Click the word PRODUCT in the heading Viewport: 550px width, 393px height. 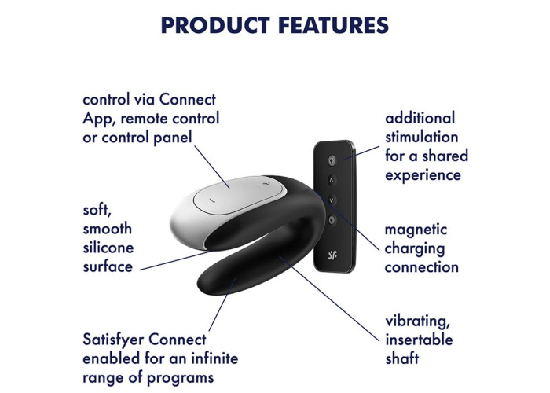215,25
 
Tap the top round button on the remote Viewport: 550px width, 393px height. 332,160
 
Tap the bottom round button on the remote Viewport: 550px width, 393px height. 332,220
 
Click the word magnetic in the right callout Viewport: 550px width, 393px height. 416,230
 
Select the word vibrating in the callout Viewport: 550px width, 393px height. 417,321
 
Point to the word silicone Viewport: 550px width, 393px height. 108,248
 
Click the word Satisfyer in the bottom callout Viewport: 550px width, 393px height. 113,340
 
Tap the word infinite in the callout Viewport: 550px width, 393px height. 214,358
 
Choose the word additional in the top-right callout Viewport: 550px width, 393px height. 420,118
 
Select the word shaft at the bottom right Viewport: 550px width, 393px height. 402,358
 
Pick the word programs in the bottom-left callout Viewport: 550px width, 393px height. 180,378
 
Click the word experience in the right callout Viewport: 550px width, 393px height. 423,175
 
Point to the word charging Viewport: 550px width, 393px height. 415,249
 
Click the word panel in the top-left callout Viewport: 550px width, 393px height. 173,138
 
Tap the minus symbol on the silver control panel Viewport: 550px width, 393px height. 212,200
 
